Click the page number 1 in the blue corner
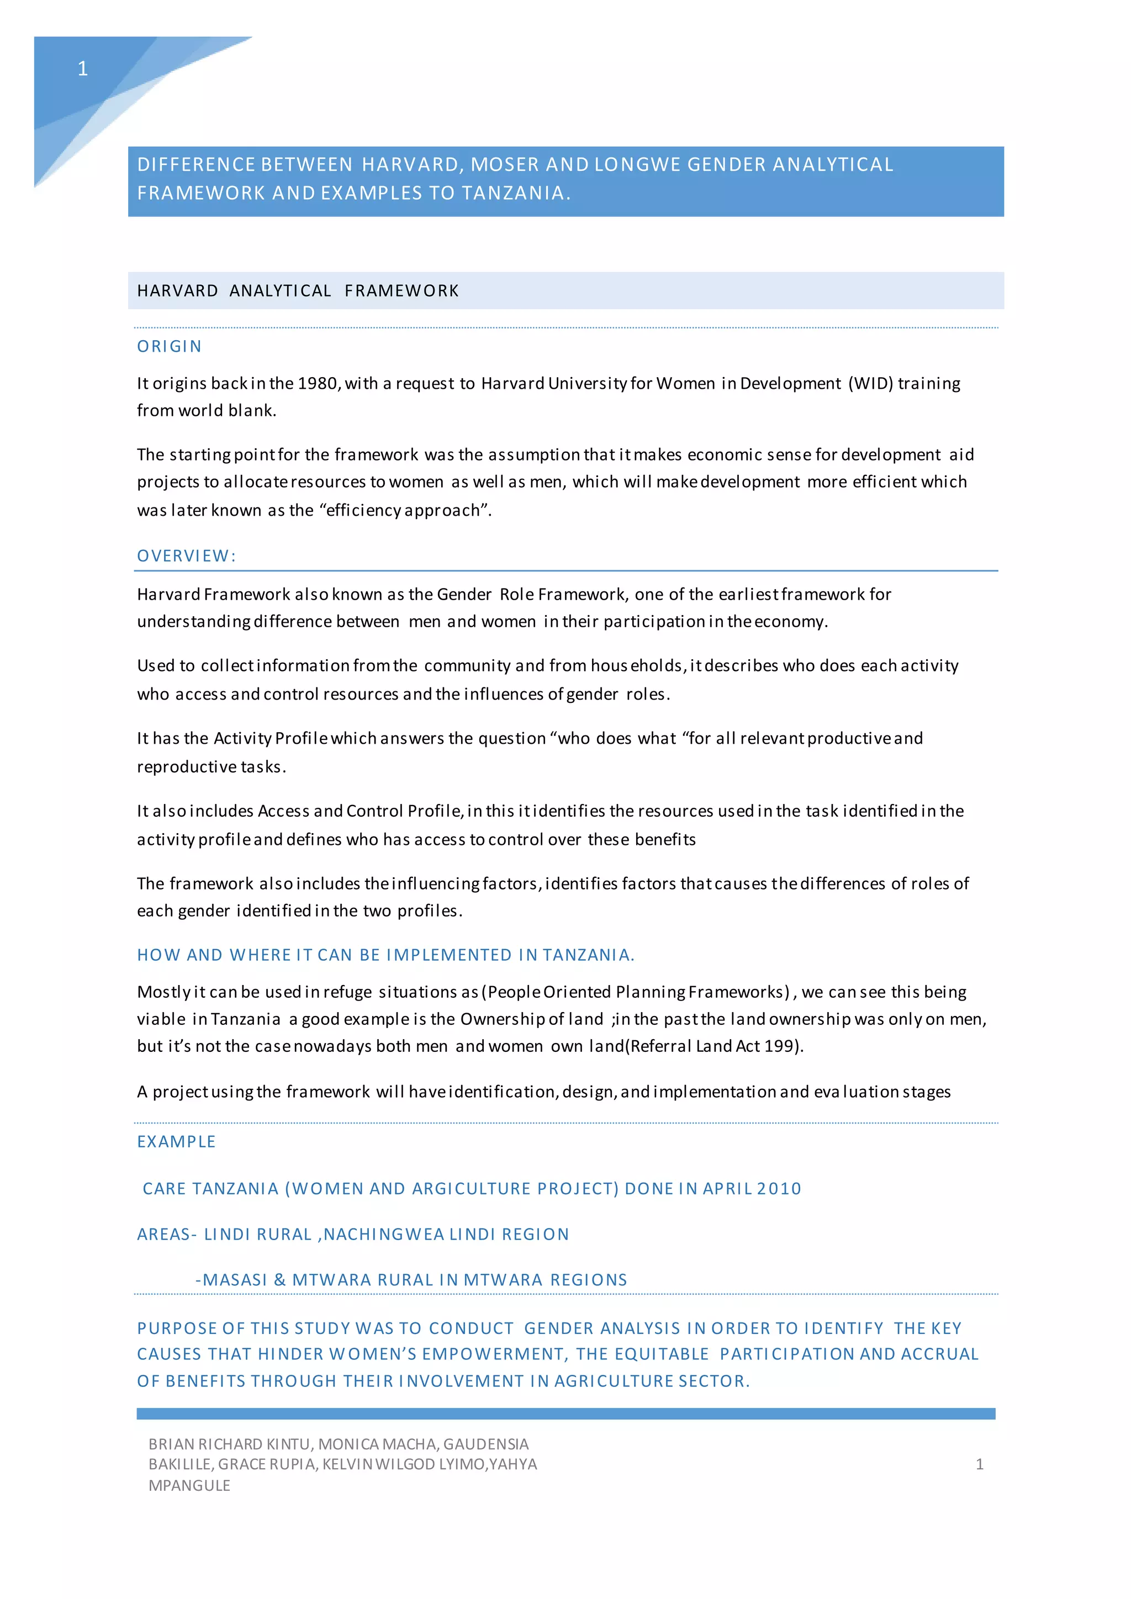(82, 68)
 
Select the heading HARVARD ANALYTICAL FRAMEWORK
(298, 290)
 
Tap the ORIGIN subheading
(169, 346)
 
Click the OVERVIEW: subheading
(187, 556)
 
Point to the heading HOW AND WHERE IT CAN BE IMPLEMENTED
(385, 955)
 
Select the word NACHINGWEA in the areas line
(384, 1234)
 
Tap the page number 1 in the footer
(979, 1465)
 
